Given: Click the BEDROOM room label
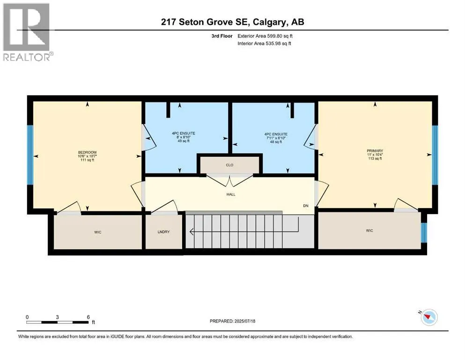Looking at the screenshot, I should (x=87, y=152).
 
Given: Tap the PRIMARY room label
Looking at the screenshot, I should (x=375, y=150).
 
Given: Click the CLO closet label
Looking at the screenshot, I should (x=229, y=165).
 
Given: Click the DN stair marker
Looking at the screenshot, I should (x=306, y=206).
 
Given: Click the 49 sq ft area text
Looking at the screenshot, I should (x=183, y=141).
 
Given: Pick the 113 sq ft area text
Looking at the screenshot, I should (x=375, y=158).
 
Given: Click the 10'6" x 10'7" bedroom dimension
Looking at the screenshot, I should (x=87, y=156).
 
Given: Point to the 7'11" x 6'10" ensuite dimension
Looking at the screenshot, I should (x=276, y=137).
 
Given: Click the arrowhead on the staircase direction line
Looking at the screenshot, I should (x=192, y=231).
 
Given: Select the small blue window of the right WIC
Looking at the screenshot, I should (x=424, y=232).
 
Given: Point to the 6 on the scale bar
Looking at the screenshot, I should (x=88, y=317).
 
